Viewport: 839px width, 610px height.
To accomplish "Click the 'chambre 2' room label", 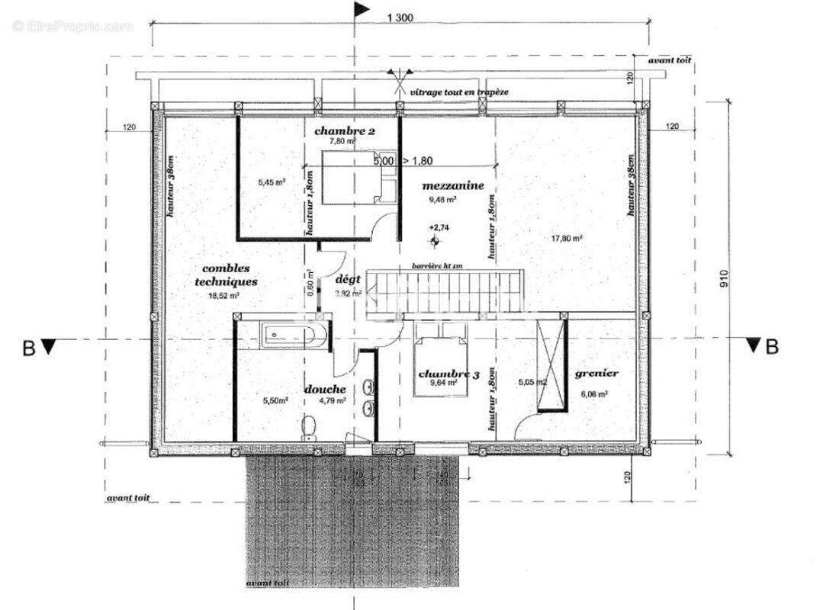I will [344, 131].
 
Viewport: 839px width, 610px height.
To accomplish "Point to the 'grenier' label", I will [596, 374].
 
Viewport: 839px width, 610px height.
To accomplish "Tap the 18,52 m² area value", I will [225, 295].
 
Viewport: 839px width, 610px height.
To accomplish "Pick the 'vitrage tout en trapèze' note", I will [459, 91].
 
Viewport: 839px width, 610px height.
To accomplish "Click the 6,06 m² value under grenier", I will [595, 394].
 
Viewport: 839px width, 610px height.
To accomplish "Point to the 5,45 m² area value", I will [271, 183].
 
